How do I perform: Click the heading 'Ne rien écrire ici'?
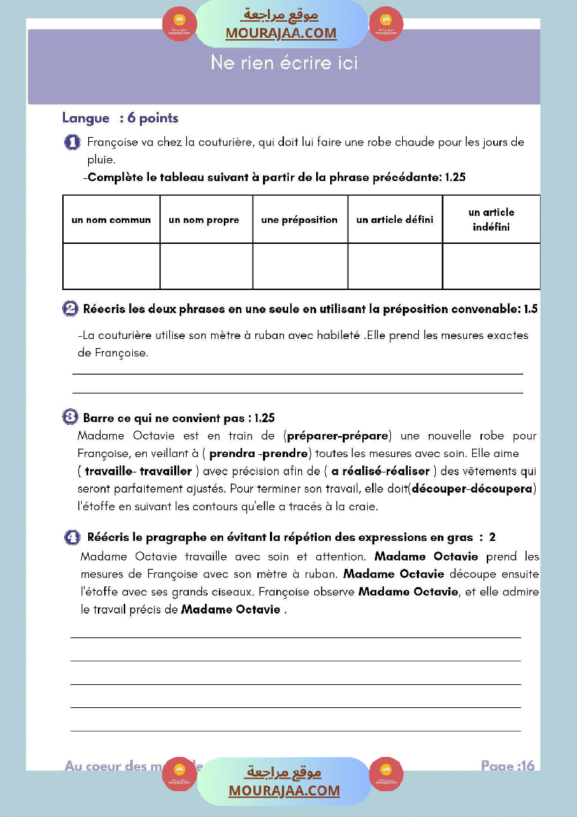(284, 63)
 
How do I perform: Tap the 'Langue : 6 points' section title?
(120, 119)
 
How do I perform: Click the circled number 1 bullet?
(72, 143)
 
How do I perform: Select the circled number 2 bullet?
(70, 309)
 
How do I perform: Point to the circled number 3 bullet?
(70, 417)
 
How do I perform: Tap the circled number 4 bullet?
(72, 537)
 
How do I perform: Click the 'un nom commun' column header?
(111, 219)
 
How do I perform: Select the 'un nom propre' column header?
(204, 219)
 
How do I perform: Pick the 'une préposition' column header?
(299, 219)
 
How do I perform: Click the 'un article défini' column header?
(394, 219)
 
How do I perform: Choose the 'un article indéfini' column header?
(491, 219)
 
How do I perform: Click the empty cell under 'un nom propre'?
(206, 266)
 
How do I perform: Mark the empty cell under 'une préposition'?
(300, 266)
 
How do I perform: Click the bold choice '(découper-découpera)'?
(473, 488)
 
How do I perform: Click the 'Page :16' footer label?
(508, 766)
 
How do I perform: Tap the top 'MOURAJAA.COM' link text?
(280, 33)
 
